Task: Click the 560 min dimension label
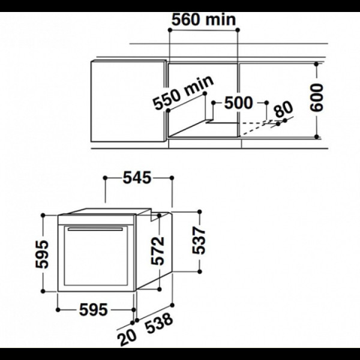click(203, 19)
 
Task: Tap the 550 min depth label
click(183, 92)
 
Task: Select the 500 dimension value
click(238, 103)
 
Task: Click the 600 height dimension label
click(316, 98)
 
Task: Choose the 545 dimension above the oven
click(137, 178)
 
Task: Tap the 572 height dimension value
click(158, 251)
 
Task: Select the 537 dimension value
click(199, 241)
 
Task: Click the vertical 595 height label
click(42, 254)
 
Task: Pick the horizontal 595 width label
click(93, 310)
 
